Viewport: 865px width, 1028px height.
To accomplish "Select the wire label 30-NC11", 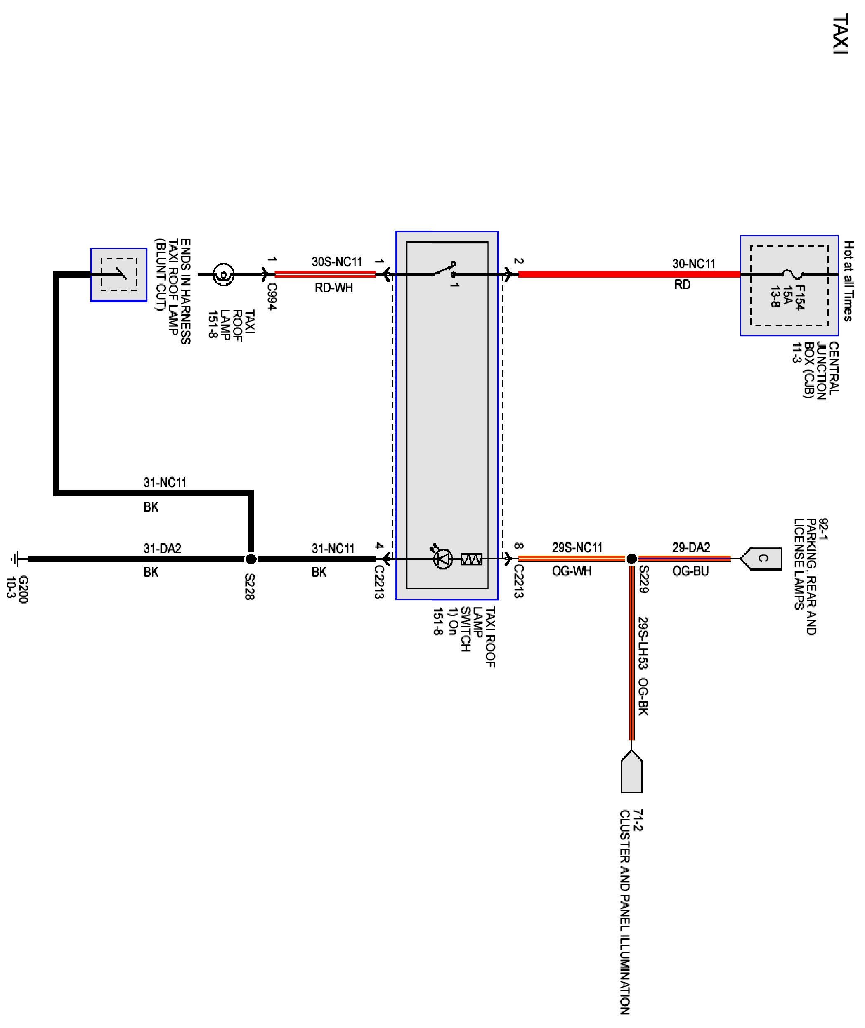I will click(x=693, y=264).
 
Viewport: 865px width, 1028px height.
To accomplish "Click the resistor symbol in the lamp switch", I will click(x=471, y=559).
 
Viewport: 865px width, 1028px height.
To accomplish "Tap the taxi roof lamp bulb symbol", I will click(x=223, y=274).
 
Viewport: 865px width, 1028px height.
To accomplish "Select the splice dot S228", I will click(x=251, y=559).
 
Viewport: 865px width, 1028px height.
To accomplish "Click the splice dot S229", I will click(x=631, y=559).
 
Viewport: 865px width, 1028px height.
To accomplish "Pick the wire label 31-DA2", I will click(x=162, y=548).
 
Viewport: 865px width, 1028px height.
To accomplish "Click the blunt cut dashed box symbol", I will click(x=119, y=274).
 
